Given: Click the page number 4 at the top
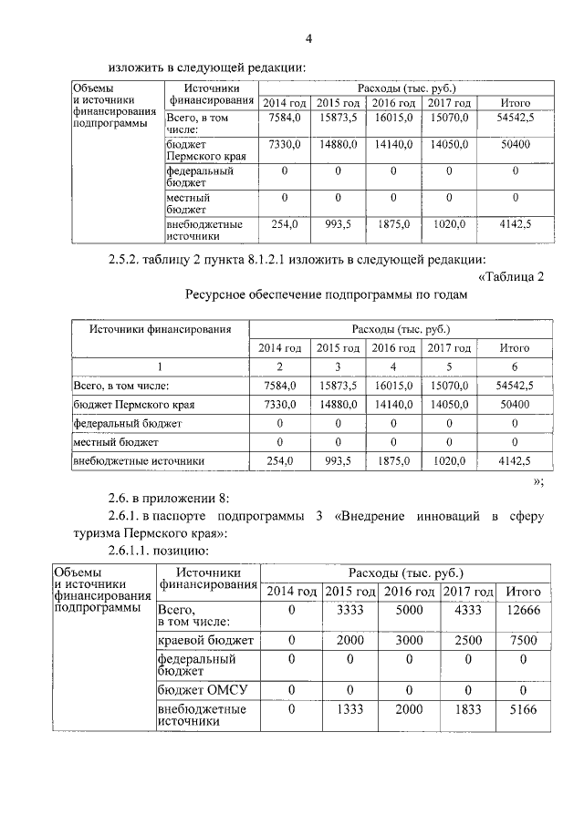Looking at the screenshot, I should [308, 38].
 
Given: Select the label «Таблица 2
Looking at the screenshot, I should [510, 277].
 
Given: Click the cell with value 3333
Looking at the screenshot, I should [350, 610].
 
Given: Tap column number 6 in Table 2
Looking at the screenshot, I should [516, 366].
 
